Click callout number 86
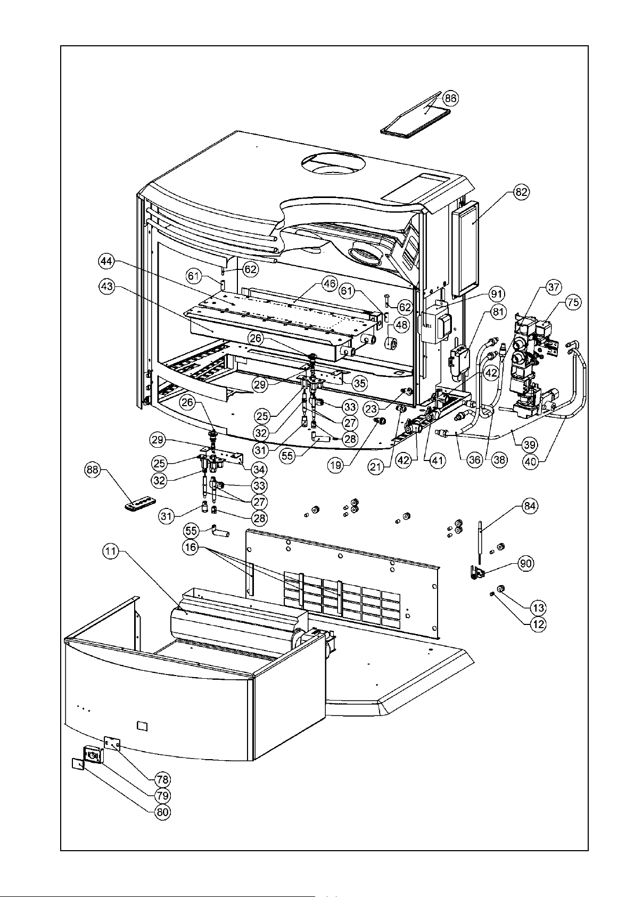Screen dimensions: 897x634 [451, 98]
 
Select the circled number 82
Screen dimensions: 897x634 [521, 193]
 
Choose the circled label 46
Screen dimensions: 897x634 [330, 283]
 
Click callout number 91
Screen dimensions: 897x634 [497, 294]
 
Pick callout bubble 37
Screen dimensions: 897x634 [554, 287]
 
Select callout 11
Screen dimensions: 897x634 [110, 552]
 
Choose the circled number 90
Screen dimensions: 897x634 [525, 564]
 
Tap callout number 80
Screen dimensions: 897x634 [162, 812]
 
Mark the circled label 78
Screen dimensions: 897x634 [162, 779]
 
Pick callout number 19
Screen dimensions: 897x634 [337, 464]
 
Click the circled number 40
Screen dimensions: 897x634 [530, 462]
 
